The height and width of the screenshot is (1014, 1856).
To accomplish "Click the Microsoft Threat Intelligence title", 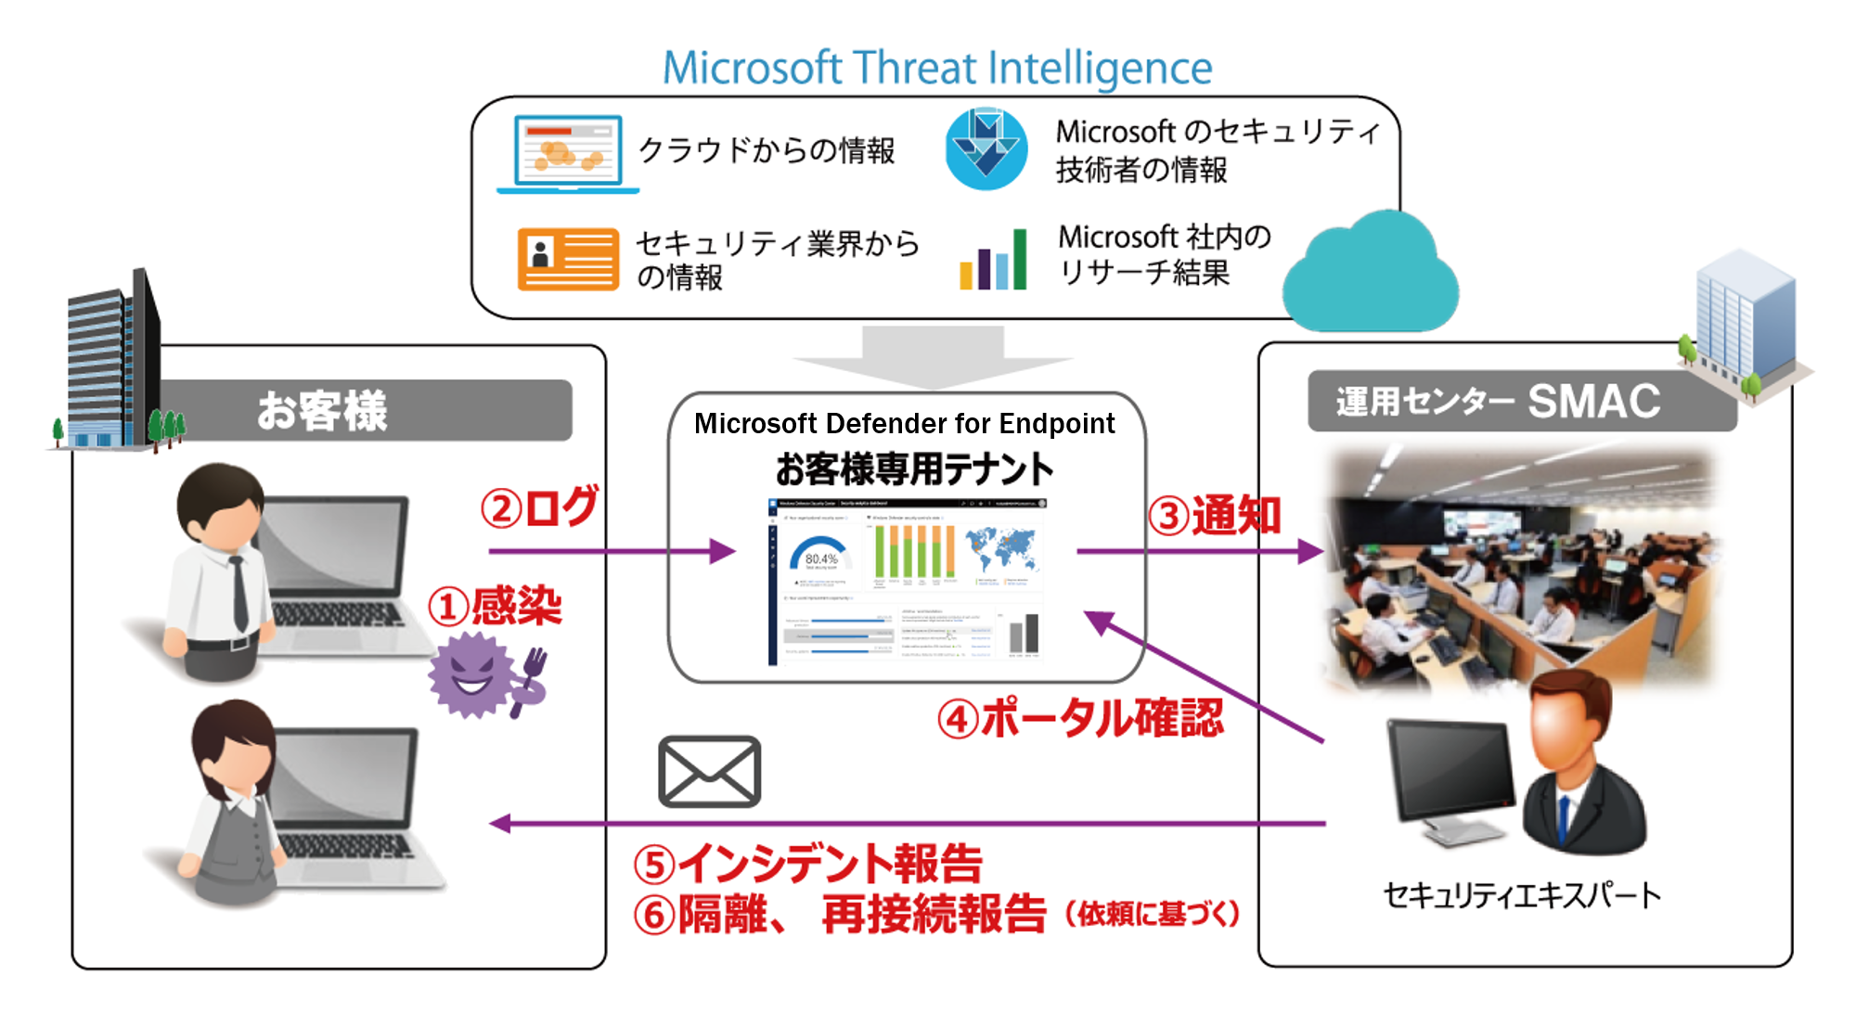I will pyautogui.click(x=936, y=68).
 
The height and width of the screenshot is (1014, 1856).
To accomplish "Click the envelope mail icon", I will pyautogui.click(x=710, y=771).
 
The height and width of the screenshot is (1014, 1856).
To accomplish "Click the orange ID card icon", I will pyautogui.click(x=567, y=259).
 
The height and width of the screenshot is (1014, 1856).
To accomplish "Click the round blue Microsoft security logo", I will pyautogui.click(x=986, y=148).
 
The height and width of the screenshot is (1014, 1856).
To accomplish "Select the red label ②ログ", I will pyautogui.click(x=539, y=507).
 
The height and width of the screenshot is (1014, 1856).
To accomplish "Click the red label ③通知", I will pyautogui.click(x=1214, y=515).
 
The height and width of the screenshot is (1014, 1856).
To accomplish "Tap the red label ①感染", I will pyautogui.click(x=495, y=606).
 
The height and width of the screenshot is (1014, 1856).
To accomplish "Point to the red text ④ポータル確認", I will pyautogui.click(x=1079, y=718).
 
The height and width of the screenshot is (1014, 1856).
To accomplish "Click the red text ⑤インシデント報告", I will pyautogui.click(x=807, y=863).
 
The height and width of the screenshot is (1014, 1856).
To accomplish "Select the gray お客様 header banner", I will pyautogui.click(x=362, y=410).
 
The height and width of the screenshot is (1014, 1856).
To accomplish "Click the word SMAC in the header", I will pyautogui.click(x=1593, y=401).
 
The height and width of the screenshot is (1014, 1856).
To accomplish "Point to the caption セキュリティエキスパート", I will pyautogui.click(x=1522, y=895).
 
